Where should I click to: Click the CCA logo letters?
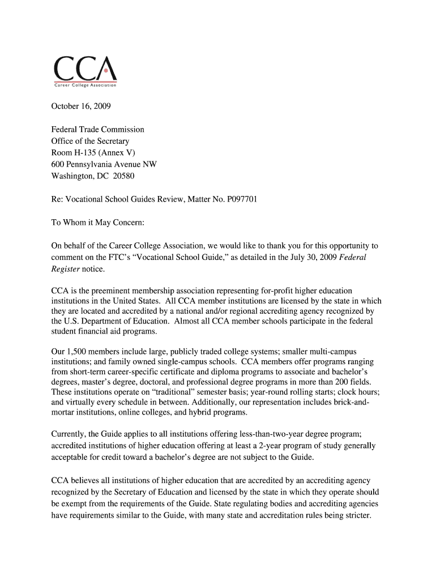[x=85, y=70]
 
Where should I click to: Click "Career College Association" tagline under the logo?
[x=85, y=85]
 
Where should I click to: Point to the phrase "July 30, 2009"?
[x=313, y=257]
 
